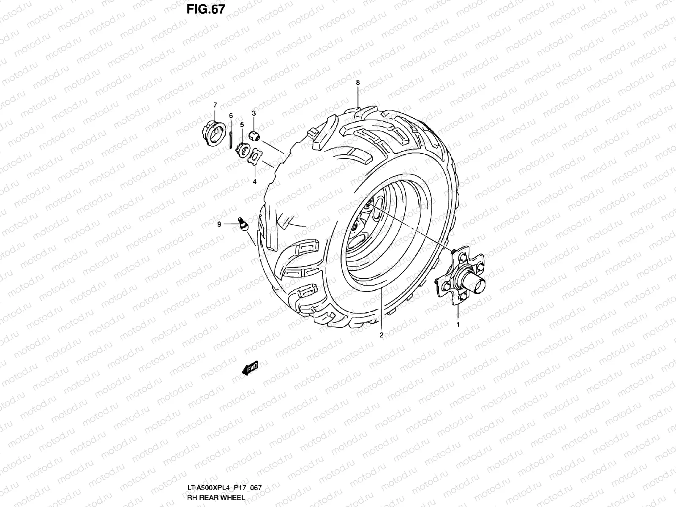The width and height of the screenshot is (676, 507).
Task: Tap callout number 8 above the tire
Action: pyautogui.click(x=358, y=83)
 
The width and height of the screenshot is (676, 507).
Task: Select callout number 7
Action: pyautogui.click(x=215, y=104)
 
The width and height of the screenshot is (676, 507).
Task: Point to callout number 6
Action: pyautogui.click(x=231, y=115)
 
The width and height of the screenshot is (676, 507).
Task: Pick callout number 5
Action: pyautogui.click(x=242, y=125)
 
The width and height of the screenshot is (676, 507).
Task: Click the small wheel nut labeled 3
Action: pyautogui.click(x=254, y=136)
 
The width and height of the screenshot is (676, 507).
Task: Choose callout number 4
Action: pyautogui.click(x=254, y=182)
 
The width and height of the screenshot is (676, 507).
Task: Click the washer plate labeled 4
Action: pyautogui.click(x=255, y=158)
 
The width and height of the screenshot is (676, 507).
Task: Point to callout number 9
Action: pyautogui.click(x=219, y=225)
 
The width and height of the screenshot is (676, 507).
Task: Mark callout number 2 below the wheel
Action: pyautogui.click(x=381, y=335)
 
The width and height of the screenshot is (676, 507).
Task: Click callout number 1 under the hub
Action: pyautogui.click(x=457, y=325)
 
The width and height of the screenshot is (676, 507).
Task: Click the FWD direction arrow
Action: pyautogui.click(x=251, y=368)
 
